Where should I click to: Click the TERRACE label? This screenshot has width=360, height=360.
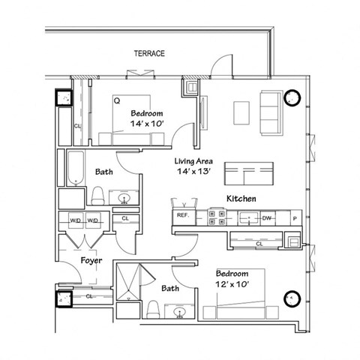[149, 54]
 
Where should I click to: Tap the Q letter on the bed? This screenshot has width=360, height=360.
[117, 99]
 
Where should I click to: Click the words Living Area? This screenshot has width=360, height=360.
[191, 161]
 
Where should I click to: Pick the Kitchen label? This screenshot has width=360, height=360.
[242, 199]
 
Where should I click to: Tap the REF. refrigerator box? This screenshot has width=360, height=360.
[182, 216]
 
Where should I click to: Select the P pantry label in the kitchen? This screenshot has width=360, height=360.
[294, 217]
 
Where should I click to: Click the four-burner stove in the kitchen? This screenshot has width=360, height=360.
[217, 217]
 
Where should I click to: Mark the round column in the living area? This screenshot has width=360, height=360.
[292, 97]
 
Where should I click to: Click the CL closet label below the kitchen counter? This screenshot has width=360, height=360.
[259, 243]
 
